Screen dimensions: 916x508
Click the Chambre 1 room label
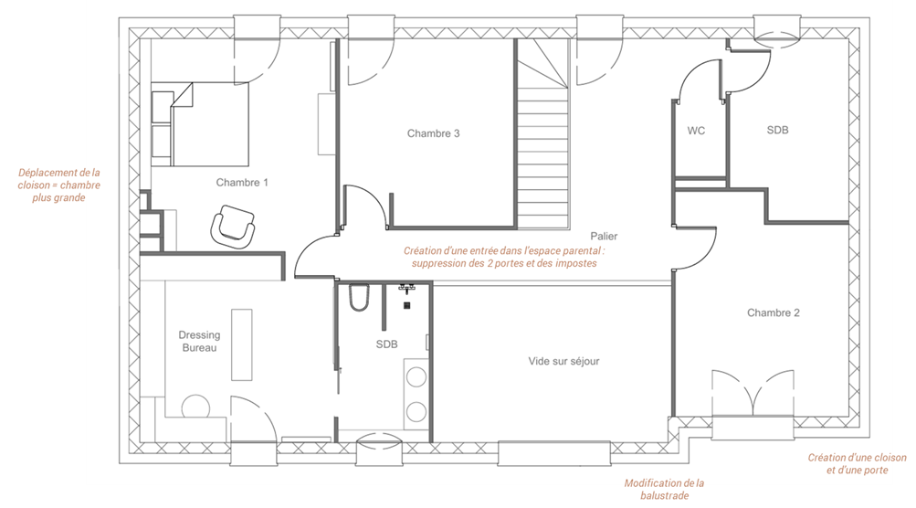(242, 183)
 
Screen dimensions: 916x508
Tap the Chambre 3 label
(434, 133)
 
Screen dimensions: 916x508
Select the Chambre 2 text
(773, 312)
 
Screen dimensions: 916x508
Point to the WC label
(696, 131)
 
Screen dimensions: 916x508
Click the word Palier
(604, 236)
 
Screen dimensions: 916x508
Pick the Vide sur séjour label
(563, 361)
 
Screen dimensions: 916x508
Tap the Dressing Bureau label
(199, 342)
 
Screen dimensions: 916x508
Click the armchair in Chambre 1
(233, 227)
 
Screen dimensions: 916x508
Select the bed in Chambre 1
(200, 124)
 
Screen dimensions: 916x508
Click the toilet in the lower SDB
(359, 298)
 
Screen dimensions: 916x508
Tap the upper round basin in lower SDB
(416, 377)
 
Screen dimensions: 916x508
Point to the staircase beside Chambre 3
(542, 134)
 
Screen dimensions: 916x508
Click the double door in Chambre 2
(753, 393)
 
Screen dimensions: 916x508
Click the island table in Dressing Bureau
(242, 344)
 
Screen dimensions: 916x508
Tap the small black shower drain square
(407, 305)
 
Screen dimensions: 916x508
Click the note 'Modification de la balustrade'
(664, 490)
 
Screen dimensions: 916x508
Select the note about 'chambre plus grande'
(59, 185)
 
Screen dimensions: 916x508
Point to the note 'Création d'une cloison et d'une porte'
(857, 463)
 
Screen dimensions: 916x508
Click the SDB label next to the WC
(777, 131)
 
